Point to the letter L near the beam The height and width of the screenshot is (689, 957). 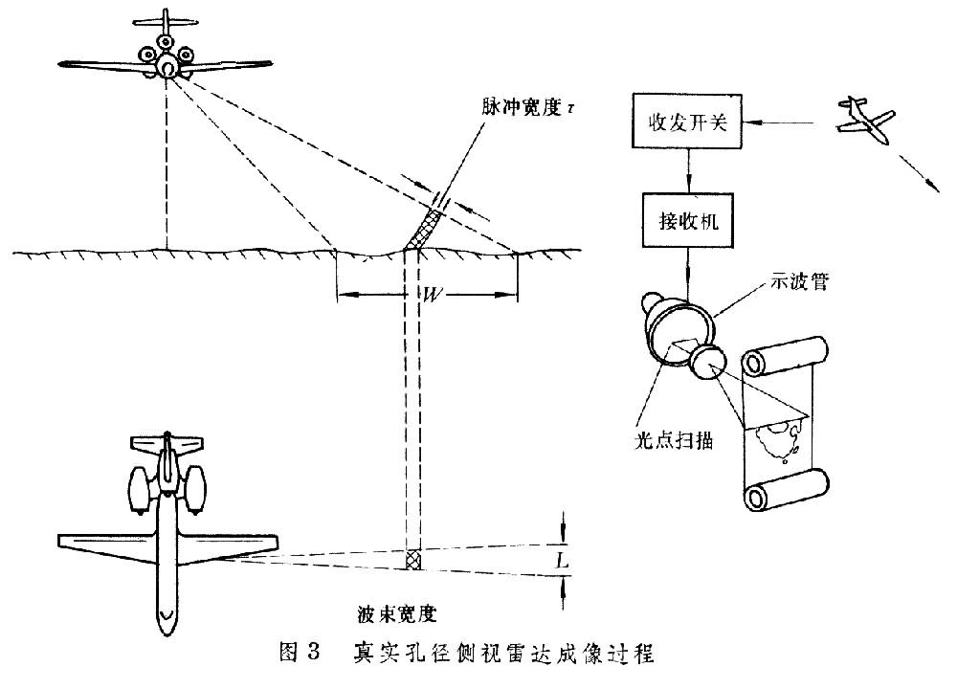tap(563, 561)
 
